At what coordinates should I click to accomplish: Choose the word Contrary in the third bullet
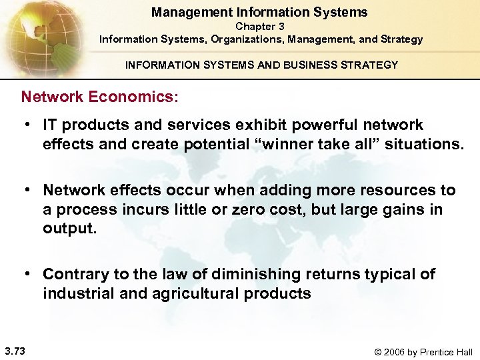point(73,274)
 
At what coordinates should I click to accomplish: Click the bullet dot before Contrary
point(29,274)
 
